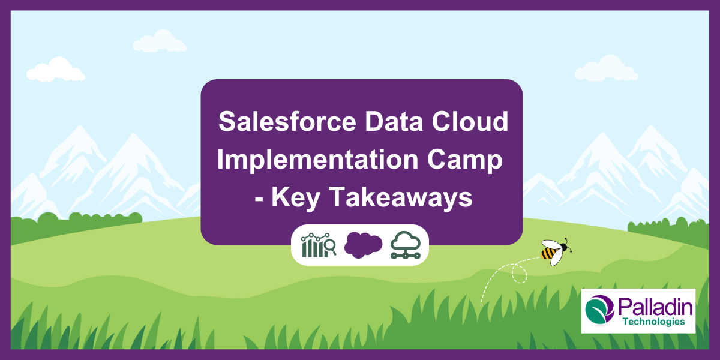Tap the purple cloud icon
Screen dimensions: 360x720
click(363, 245)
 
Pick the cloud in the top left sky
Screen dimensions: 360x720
click(55, 70)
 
